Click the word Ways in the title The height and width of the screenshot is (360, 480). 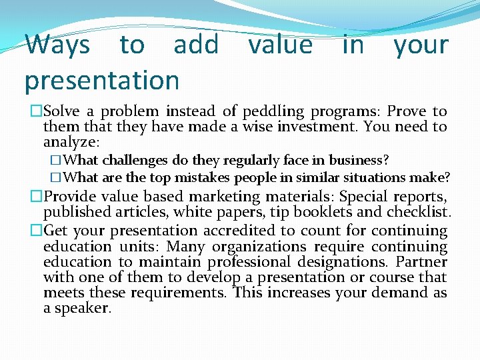57,45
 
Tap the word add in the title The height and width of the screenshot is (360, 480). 196,45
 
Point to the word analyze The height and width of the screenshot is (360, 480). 70,142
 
